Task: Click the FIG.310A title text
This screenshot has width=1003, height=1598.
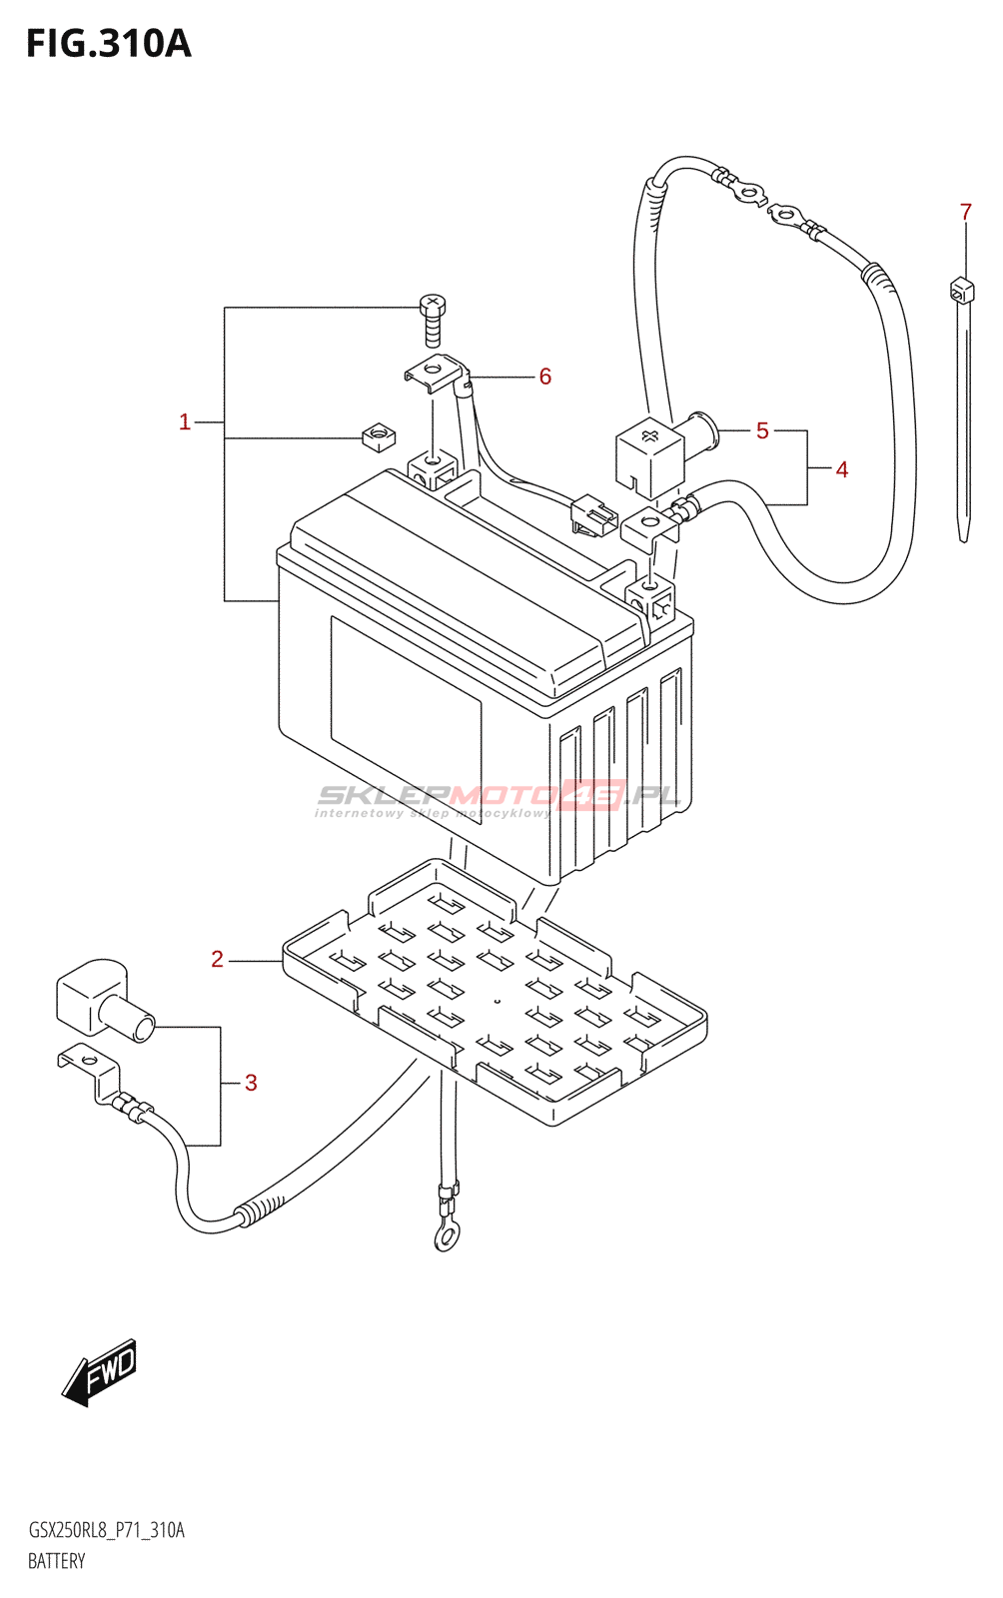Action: click(x=108, y=44)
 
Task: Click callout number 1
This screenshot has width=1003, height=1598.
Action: click(x=185, y=422)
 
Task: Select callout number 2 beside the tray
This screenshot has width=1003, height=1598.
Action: click(x=218, y=960)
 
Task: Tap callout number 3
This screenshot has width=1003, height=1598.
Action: click(x=251, y=1083)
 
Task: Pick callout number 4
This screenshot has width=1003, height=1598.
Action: click(x=842, y=469)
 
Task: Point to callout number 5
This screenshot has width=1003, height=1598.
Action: click(x=762, y=430)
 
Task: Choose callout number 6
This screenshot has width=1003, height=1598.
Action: click(x=545, y=377)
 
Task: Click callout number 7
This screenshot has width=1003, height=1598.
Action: click(x=965, y=212)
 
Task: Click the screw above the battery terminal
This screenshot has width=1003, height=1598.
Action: click(x=433, y=319)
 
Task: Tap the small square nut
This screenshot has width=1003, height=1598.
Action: click(x=377, y=436)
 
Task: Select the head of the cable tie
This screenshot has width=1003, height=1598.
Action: click(x=961, y=291)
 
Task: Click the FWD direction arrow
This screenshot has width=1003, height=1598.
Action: click(x=101, y=1371)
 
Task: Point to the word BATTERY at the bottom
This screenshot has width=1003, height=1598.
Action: click(x=57, y=1561)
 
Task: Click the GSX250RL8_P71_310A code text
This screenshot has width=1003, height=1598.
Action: click(x=107, y=1530)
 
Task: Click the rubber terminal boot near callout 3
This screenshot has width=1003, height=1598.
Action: click(x=100, y=999)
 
